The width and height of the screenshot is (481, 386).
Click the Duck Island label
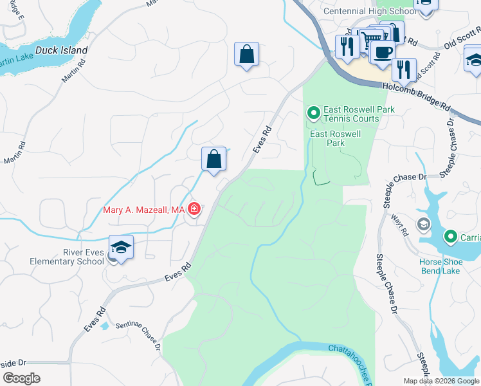tap(62, 50)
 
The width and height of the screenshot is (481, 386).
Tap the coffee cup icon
tap(383, 51)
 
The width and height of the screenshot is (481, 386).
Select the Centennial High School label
tap(370, 12)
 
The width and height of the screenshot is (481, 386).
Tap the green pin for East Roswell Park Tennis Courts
tap(314, 114)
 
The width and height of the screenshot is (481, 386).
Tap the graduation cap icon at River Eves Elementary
tap(121, 248)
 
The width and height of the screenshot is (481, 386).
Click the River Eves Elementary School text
tap(66, 257)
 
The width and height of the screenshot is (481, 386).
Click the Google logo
tap(21, 378)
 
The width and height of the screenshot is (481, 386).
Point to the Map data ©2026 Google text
tap(441, 381)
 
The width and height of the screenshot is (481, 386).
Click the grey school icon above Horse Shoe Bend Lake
tap(423, 225)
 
